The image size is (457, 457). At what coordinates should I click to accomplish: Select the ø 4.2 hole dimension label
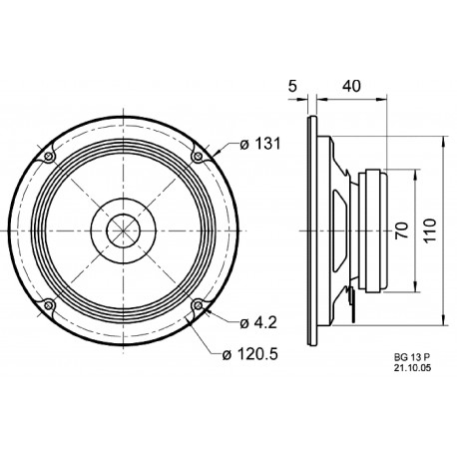pyautogui.click(x=258, y=322)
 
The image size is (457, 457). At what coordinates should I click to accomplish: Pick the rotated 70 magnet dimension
pyautogui.click(x=401, y=232)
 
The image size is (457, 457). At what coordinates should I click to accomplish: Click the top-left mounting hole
pyautogui.click(x=47, y=157)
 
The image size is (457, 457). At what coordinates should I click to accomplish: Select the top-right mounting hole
pyautogui.click(x=198, y=157)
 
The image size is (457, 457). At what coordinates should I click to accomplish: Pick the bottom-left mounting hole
pyautogui.click(x=47, y=305)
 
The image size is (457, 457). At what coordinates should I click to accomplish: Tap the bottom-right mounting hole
pyautogui.click(x=198, y=305)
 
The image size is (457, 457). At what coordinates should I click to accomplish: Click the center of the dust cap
pyautogui.click(x=122, y=230)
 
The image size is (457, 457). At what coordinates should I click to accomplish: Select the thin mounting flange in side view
pyautogui.click(x=315, y=231)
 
